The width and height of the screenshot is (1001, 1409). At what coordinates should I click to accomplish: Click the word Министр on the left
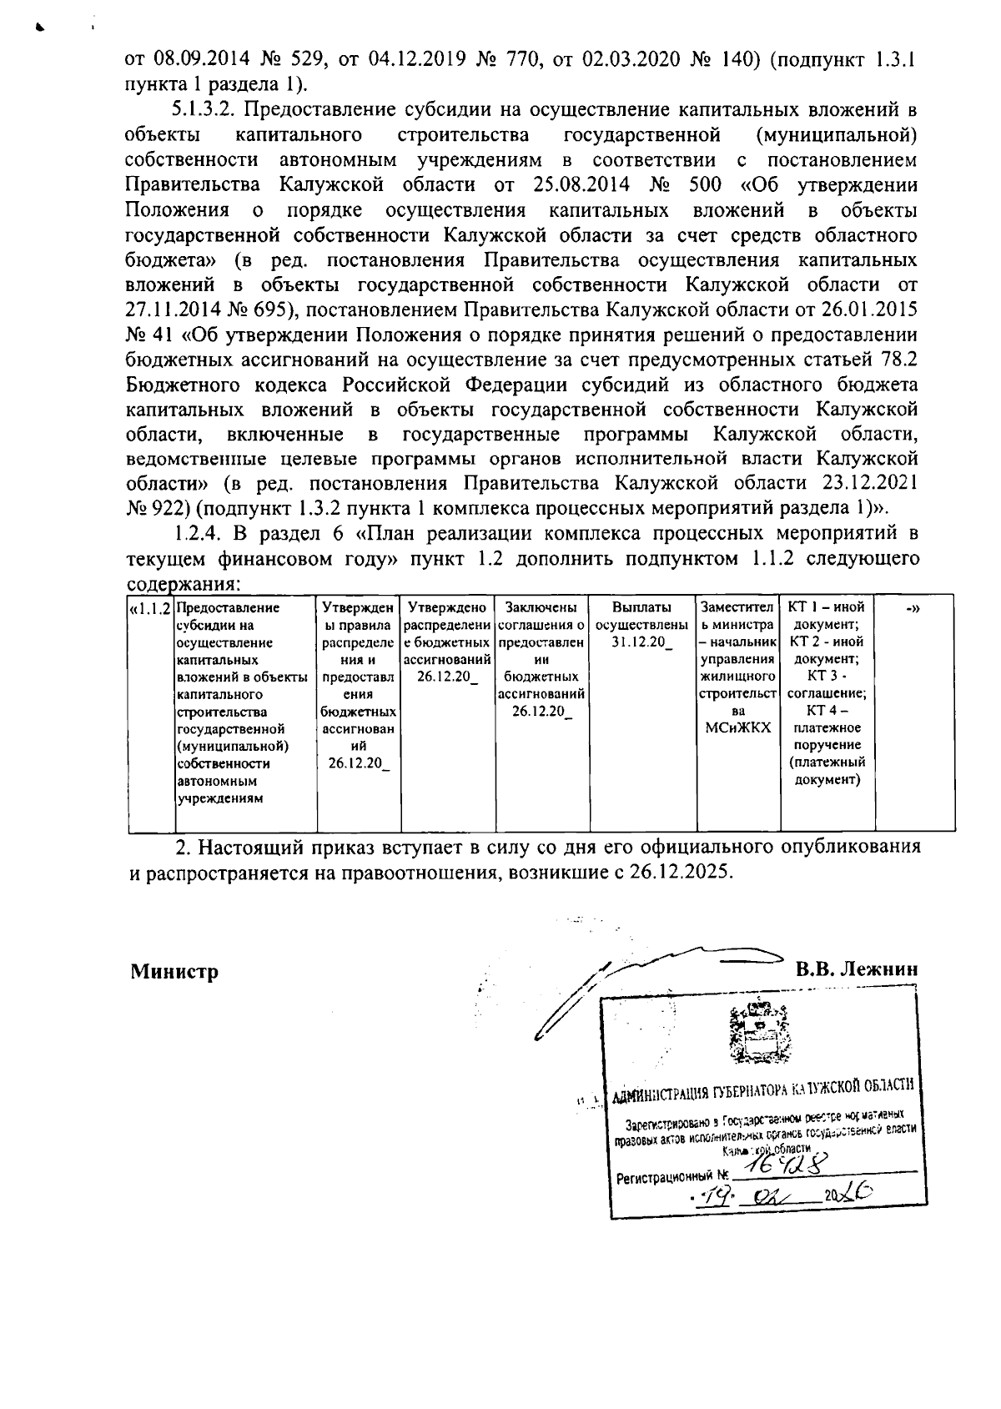point(174,971)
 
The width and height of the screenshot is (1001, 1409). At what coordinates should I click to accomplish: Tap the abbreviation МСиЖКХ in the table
point(737,727)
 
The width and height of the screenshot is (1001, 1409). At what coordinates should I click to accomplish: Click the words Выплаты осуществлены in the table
point(641,616)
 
